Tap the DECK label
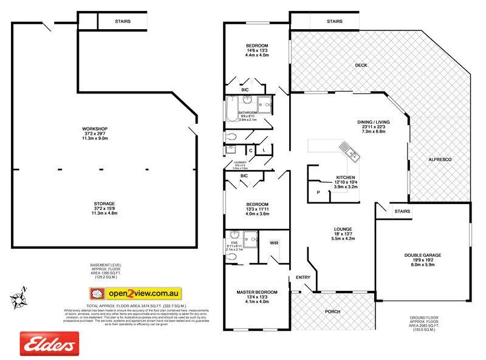click(361, 65)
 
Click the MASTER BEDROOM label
click(257, 293)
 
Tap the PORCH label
click(332, 312)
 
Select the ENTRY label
click(303, 277)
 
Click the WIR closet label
click(274, 242)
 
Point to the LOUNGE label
click(342, 229)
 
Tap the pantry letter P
click(318, 192)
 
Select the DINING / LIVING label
click(373, 122)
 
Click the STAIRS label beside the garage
click(402, 211)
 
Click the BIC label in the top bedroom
click(245, 90)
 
